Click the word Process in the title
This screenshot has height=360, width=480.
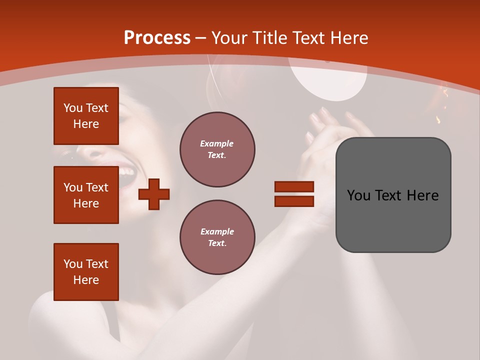[157, 38]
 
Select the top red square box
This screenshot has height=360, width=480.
[86, 116]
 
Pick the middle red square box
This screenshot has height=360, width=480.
[86, 195]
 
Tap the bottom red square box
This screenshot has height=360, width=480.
[86, 272]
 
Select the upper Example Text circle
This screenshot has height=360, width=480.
[217, 149]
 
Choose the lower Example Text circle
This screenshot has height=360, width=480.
[217, 237]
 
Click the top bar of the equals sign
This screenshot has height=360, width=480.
[294, 186]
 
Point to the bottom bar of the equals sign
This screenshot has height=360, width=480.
[294, 201]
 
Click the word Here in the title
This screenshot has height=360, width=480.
[349, 38]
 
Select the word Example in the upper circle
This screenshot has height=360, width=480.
[217, 143]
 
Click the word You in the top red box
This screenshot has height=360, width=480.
[72, 108]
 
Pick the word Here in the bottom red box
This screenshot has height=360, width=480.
[86, 280]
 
